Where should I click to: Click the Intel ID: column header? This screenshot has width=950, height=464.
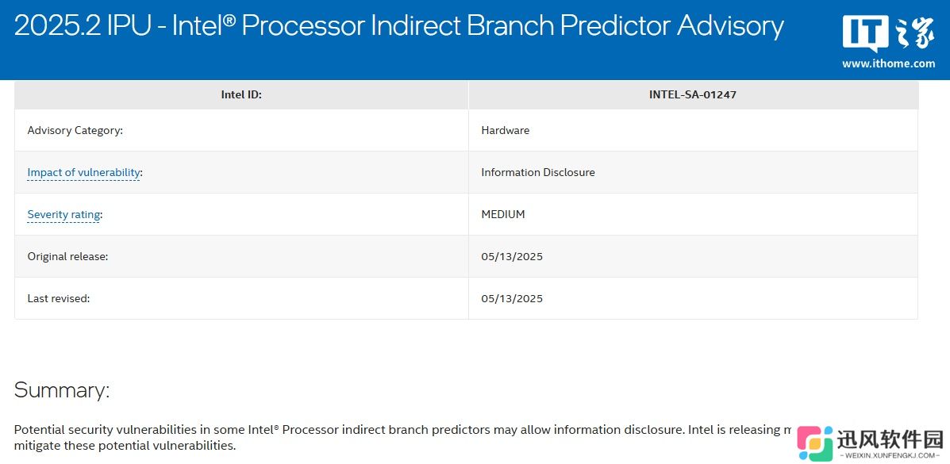point(241,94)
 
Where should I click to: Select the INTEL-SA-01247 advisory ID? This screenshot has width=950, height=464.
point(693,94)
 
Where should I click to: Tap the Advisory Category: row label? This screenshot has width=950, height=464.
point(75,130)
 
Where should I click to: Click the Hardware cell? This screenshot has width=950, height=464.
point(506,130)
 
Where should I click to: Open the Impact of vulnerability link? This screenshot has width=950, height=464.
point(83,173)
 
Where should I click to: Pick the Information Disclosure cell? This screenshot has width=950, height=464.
point(538,172)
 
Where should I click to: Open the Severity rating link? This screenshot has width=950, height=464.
point(63,214)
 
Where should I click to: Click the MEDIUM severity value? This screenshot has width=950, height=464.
point(503,214)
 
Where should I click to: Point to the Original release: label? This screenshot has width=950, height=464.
point(68,256)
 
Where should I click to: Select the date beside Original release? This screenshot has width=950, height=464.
point(512,256)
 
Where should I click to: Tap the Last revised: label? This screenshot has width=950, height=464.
point(59,298)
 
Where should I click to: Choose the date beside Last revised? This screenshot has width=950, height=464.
point(512,298)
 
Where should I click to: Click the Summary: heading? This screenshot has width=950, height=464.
point(62,389)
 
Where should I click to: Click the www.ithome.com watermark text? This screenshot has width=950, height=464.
point(888,63)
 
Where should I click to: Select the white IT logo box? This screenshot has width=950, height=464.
point(866,33)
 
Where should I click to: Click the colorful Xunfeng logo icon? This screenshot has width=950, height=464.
point(815,443)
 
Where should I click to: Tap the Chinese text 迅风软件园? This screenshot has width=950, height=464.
point(890,439)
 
